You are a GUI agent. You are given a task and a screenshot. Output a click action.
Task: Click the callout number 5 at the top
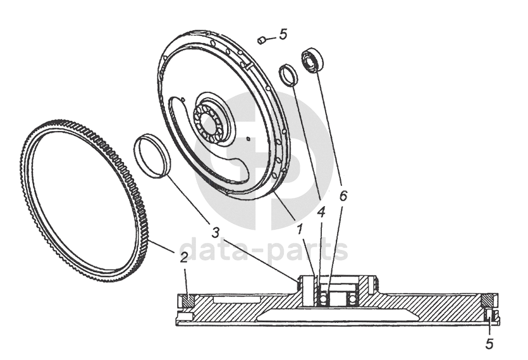click(x=283, y=34)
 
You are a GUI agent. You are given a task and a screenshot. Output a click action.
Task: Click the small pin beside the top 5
click(x=261, y=40)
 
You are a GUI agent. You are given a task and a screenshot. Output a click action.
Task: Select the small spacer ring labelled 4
click(x=289, y=75)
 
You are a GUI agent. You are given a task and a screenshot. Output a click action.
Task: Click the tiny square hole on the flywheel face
click(x=251, y=137)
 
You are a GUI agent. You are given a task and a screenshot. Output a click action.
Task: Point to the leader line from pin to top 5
click(x=270, y=38)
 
